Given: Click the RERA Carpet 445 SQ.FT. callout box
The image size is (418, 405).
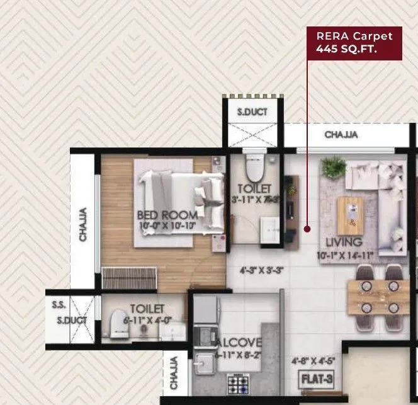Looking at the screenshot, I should pos(354,43).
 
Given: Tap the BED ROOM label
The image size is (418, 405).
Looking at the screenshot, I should pos(167,215).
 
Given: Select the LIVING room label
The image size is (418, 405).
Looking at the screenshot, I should pos(344,242).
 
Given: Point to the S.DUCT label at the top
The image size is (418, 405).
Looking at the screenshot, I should pos(252,113).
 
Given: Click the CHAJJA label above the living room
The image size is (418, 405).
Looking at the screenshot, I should pos(341,135).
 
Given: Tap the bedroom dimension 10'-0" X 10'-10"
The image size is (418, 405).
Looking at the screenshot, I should pos(167,225).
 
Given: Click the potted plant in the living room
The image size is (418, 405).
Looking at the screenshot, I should pos(333,167).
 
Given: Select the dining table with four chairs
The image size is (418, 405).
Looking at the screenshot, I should pos(379,293).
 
